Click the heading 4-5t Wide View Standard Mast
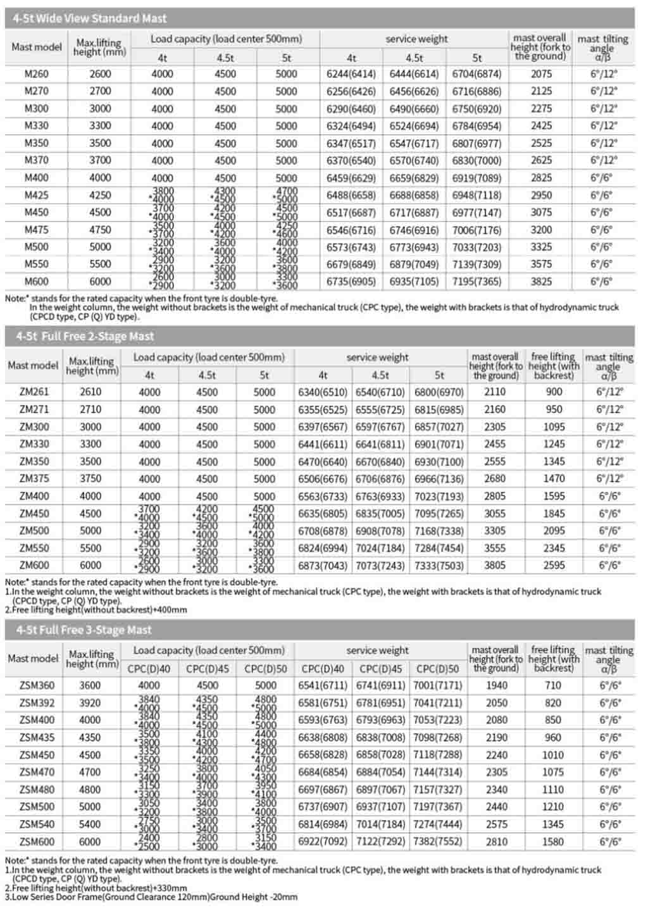90,18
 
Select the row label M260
37,74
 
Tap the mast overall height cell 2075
541,74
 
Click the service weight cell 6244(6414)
351,74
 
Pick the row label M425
37,196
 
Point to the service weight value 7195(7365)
477,282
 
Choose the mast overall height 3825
541,282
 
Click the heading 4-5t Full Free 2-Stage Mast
85,337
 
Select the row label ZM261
34,392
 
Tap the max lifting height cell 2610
90,392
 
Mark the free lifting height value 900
554,392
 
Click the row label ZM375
34,479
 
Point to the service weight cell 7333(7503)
439,566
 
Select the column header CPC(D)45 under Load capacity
208,669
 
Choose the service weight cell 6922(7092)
323,842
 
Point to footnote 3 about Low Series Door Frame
151,897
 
